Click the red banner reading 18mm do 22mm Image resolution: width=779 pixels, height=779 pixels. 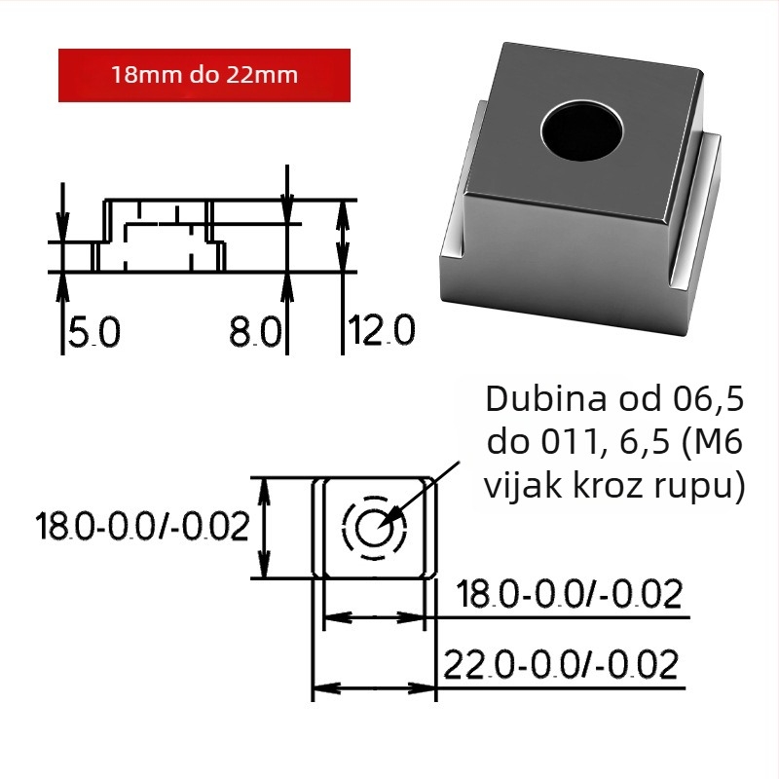tap(204, 76)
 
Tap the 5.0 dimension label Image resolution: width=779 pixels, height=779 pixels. tap(94, 331)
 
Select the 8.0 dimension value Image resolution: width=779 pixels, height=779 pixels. tap(255, 331)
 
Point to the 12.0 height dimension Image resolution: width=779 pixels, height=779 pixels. tap(381, 329)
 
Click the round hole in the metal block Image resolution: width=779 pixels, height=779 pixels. tap(581, 130)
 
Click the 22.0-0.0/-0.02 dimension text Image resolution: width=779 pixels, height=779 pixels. tap(561, 664)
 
